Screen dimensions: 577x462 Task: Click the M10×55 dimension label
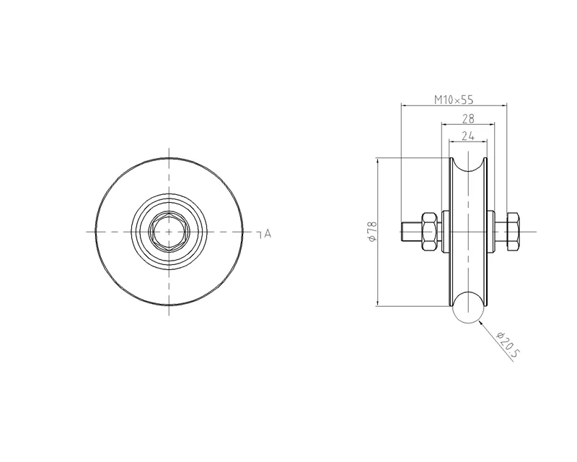[x=454, y=100]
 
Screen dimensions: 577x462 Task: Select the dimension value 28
[x=468, y=118]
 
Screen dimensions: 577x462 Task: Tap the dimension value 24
[x=467, y=136]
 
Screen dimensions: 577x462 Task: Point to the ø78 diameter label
[x=371, y=232]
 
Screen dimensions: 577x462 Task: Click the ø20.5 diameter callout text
[x=508, y=345]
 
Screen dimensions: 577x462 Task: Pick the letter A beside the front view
[x=268, y=233]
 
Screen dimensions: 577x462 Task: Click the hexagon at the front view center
[x=169, y=232]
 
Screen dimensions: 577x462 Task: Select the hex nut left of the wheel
[x=428, y=232]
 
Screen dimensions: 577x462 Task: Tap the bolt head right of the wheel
[x=513, y=232]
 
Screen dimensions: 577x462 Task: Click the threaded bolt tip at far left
[x=411, y=232]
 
